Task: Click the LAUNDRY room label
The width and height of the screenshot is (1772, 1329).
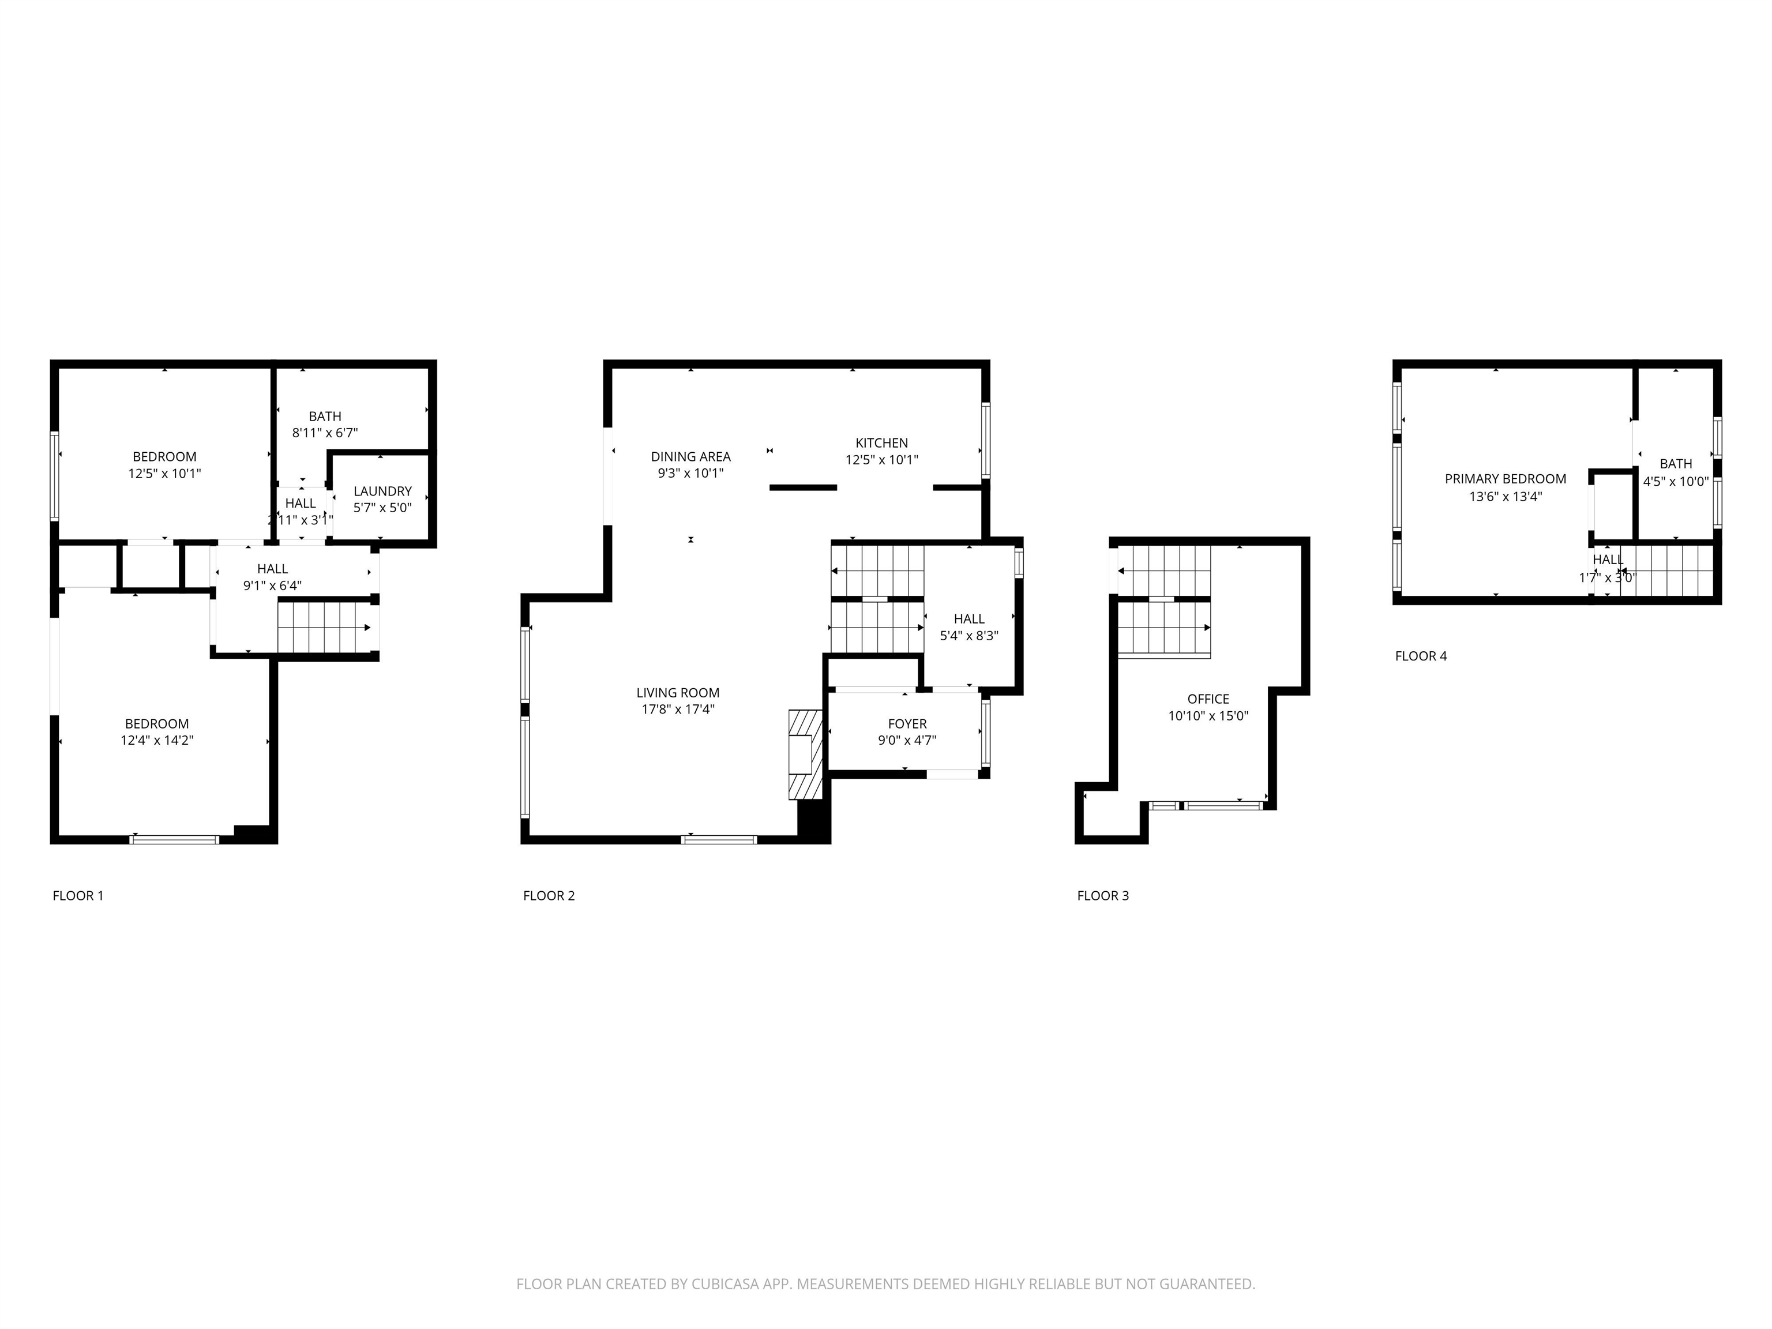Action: pyautogui.click(x=382, y=491)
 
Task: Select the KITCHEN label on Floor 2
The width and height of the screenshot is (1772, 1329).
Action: pyautogui.click(x=881, y=443)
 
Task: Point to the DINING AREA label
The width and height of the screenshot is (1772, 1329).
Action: pyautogui.click(x=690, y=457)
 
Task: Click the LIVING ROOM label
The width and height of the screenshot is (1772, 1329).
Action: pyautogui.click(x=678, y=693)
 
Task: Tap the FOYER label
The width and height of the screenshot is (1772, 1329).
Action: pyautogui.click(x=907, y=724)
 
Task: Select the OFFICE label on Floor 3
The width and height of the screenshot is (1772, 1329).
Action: pyautogui.click(x=1208, y=699)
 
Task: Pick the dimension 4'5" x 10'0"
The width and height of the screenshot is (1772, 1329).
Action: pyautogui.click(x=1676, y=482)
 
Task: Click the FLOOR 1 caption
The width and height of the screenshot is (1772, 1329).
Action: pyautogui.click(x=78, y=896)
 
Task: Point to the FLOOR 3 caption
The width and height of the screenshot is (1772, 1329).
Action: pyautogui.click(x=1102, y=896)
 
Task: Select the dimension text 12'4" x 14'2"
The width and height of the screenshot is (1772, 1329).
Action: pyautogui.click(x=157, y=740)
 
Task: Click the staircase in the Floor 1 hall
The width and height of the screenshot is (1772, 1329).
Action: pyautogui.click(x=324, y=627)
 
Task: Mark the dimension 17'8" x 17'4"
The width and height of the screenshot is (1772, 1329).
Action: pyautogui.click(x=678, y=709)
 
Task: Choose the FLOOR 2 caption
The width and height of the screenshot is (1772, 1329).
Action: pyautogui.click(x=549, y=896)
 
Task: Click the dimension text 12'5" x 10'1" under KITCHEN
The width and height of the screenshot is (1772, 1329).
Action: pyautogui.click(x=881, y=460)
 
